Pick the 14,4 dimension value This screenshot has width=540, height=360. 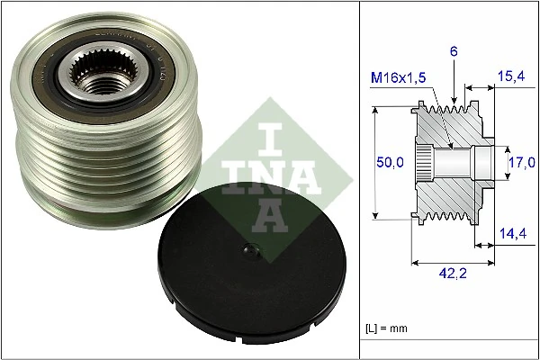pyautogui.click(x=510, y=233)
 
